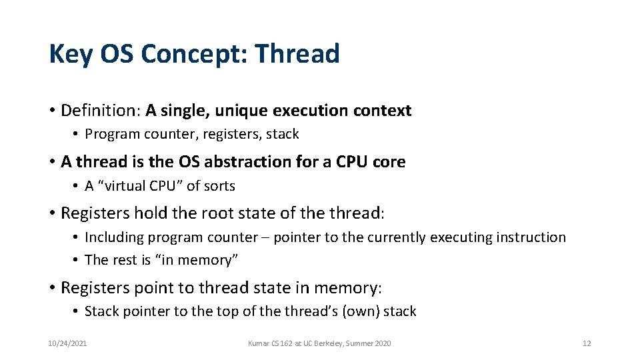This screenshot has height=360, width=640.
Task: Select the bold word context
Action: point(383,111)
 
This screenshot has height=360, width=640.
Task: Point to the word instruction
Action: point(533,237)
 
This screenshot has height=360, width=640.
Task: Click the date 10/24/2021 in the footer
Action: point(67,343)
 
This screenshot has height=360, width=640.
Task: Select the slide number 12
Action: point(587,343)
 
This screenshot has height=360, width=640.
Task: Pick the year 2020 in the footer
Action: point(382,343)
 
